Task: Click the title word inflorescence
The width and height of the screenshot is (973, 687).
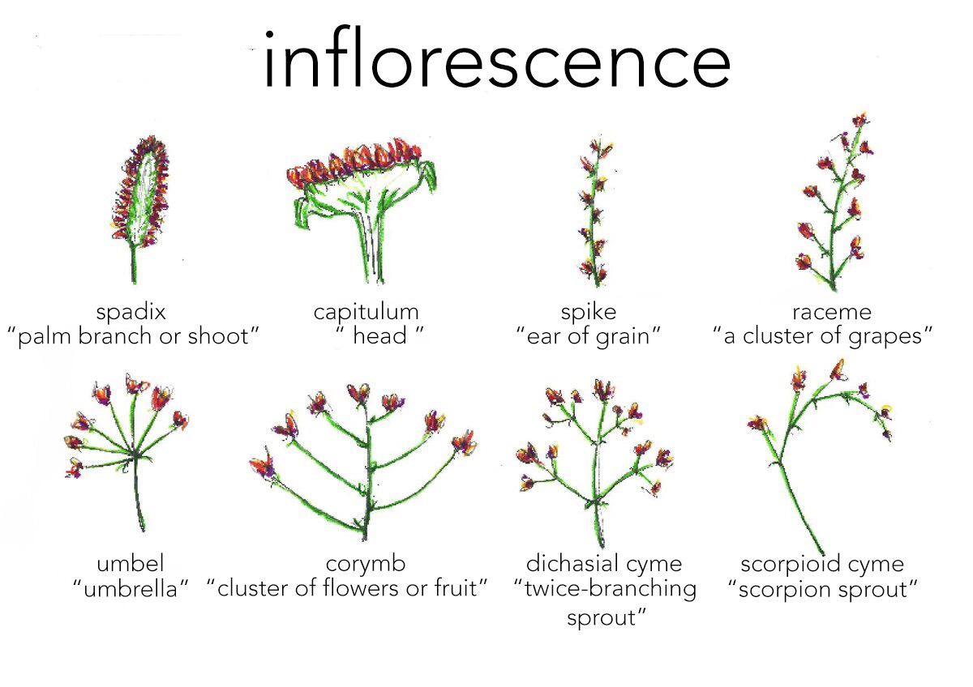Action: pyautogui.click(x=496, y=61)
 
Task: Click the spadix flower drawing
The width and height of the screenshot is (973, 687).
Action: pyautogui.click(x=139, y=194)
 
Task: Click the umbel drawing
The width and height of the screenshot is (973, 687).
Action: pyautogui.click(x=130, y=446)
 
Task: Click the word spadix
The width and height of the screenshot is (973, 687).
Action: pyautogui.click(x=131, y=312)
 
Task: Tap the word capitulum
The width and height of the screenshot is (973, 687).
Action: pyautogui.click(x=366, y=312)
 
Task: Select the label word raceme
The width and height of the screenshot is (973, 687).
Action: pyautogui.click(x=821, y=312)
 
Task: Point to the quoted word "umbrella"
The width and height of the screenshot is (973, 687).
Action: pyautogui.click(x=131, y=589)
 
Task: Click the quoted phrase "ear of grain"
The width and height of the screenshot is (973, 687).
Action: pyautogui.click(x=589, y=336)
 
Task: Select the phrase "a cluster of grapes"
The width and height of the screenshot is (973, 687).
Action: pyautogui.click(x=822, y=336)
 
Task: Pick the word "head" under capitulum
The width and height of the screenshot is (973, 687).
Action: pyautogui.click(x=379, y=336)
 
